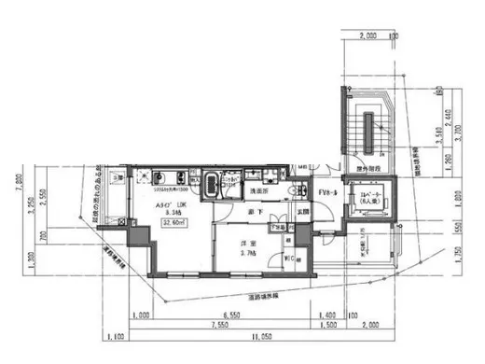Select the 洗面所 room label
pyautogui.click(x=259, y=190)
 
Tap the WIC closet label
pyautogui.click(x=288, y=259)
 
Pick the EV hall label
pyautogui.click(x=328, y=192)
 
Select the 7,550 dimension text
pyautogui.click(x=218, y=326)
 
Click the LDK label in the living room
pyautogui.click(x=170, y=203)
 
